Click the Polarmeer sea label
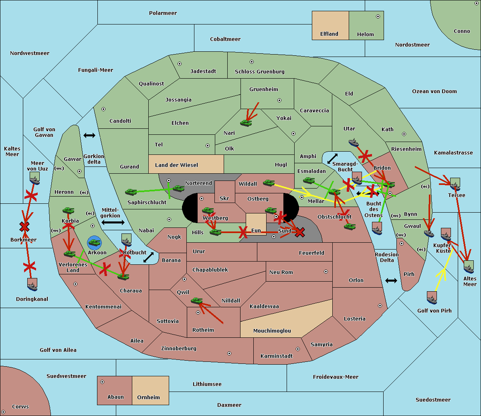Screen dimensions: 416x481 tap(163, 13)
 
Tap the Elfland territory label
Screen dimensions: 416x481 tap(329, 34)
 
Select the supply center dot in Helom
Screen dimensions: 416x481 tap(378, 16)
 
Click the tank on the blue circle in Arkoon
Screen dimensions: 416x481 tap(94, 242)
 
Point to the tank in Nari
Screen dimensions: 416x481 tap(246, 122)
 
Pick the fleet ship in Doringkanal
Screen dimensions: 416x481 tap(32, 284)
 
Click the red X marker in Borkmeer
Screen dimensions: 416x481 tap(24, 227)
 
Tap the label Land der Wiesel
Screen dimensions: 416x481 tap(176, 165)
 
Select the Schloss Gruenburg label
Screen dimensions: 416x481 tap(259, 72)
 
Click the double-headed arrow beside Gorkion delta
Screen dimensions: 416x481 tap(89, 136)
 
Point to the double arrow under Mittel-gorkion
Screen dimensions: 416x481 tap(113, 222)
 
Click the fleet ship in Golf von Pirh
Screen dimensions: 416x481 tap(432, 297)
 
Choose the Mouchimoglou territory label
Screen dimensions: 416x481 tap(272, 331)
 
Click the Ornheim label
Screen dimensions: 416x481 tap(148, 398)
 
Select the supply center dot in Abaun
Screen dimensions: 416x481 tap(102, 382)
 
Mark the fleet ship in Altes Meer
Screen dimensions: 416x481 tap(469, 267)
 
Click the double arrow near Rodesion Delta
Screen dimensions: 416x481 tap(391, 280)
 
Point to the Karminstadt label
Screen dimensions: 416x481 tap(277, 356)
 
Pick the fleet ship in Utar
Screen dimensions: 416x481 tap(354, 142)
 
